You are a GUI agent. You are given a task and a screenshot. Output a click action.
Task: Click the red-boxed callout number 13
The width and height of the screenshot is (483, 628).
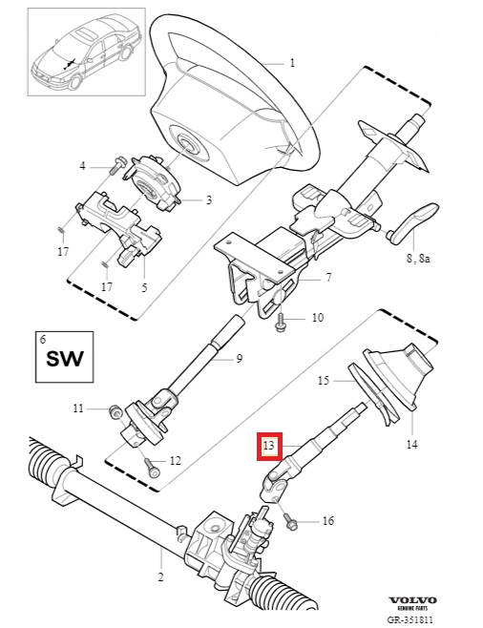268,446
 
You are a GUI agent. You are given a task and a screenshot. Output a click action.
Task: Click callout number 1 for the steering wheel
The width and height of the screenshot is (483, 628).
292,63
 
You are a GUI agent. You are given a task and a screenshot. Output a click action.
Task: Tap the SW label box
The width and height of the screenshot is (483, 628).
64,359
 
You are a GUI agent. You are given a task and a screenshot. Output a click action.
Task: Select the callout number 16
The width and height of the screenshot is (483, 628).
327,521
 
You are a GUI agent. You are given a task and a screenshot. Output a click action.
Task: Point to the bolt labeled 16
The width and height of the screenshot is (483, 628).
290,522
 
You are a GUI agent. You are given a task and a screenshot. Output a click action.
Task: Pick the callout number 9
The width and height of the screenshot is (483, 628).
240,358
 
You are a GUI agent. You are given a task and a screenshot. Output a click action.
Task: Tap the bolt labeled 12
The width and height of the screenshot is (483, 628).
152,469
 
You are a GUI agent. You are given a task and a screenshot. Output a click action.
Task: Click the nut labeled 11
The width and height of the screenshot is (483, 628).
115,410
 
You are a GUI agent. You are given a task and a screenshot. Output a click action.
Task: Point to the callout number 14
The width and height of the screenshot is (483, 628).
412,444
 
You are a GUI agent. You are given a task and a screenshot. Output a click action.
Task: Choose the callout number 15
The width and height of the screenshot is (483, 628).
323,380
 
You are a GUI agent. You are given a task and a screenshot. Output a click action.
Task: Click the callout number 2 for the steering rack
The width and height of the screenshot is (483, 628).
160,576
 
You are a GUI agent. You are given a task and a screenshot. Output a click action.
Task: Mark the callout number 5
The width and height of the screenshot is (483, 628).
144,286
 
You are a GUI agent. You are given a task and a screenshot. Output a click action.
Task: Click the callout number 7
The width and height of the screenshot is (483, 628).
328,278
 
